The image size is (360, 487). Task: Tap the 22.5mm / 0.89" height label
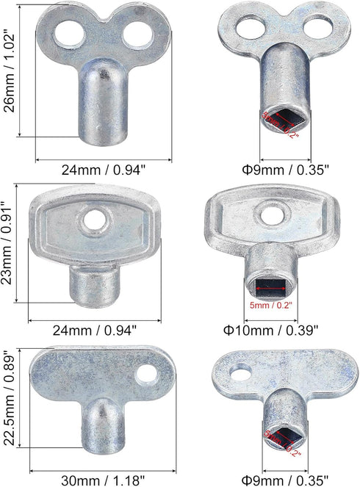pos(9,405)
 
